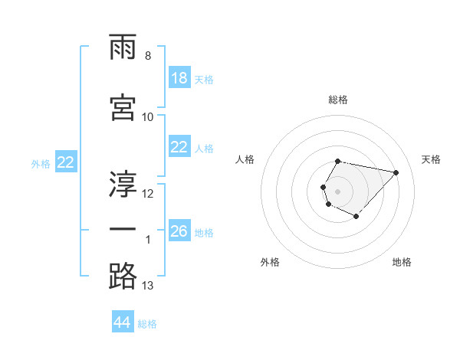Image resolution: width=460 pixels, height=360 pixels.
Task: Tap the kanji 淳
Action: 123,184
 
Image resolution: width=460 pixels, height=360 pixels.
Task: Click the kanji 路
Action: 123,276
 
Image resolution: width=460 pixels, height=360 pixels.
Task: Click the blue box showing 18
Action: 179,78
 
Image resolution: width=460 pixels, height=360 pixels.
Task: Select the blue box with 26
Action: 179,231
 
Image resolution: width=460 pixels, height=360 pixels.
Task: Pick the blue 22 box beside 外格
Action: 66,162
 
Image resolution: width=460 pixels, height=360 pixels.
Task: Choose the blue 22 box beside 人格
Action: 179,147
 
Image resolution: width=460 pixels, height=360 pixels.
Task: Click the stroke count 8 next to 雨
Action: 148,56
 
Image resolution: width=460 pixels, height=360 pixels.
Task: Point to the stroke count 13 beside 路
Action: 148,286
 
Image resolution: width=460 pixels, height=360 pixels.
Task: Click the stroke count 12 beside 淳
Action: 148,193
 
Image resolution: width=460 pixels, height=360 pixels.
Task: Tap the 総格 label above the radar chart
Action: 338,100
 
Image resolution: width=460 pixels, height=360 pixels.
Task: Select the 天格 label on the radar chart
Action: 432,159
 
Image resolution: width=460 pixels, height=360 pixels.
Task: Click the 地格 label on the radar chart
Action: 402,263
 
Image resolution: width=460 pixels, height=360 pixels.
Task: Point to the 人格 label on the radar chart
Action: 245,159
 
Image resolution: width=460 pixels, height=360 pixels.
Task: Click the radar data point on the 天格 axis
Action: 396,172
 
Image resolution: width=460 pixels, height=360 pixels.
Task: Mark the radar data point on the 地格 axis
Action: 356,217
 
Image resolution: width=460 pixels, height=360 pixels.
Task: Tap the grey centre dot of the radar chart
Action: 337,190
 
